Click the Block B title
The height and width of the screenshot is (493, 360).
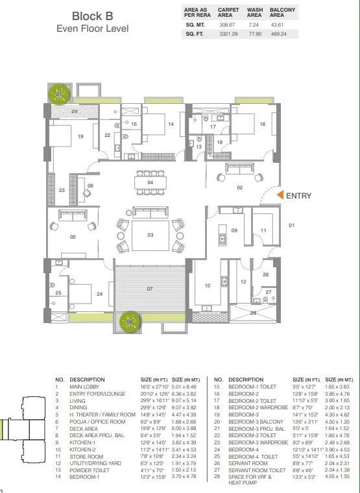[92, 16]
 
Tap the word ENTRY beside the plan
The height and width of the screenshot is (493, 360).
[298, 195]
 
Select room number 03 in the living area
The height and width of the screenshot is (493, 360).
[150, 234]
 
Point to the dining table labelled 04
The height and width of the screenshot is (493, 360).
[150, 182]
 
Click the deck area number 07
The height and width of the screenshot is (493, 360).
[150, 288]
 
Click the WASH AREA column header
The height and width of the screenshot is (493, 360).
[254, 12]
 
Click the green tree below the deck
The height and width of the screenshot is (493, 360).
[131, 320]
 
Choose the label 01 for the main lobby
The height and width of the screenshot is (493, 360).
[291, 225]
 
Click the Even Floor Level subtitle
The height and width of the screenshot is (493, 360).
[92, 29]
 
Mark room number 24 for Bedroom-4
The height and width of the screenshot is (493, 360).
[99, 293]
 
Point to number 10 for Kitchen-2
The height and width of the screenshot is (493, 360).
[208, 285]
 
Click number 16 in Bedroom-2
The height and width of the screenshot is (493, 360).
[262, 124]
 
